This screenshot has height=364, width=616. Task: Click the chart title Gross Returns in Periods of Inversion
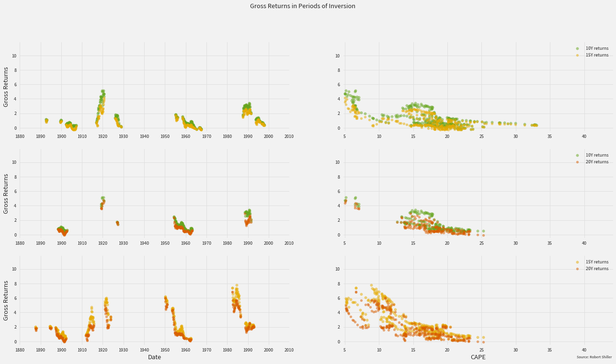(302, 6)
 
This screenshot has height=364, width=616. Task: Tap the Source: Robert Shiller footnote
(594, 357)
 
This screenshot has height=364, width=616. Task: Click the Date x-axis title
(154, 357)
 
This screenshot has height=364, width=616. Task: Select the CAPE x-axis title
(478, 357)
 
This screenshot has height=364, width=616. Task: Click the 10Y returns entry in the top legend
(597, 48)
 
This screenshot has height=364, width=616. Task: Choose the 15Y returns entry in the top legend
(597, 55)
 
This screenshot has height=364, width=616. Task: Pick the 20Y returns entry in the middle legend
(597, 162)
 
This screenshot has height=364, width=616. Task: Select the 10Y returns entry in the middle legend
(597, 155)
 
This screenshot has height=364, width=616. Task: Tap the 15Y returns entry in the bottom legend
(597, 262)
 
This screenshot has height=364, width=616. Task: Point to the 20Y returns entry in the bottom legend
(597, 269)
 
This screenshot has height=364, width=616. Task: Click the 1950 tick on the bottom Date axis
(165, 350)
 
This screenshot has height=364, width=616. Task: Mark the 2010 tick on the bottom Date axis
(289, 350)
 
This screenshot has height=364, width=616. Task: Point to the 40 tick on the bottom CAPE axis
(584, 350)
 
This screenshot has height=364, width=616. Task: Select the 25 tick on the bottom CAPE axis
(481, 350)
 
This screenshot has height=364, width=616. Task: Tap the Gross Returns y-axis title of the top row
(6, 87)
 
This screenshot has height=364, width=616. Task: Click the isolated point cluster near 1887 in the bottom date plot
(36, 328)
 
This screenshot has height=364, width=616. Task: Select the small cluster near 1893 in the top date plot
(46, 120)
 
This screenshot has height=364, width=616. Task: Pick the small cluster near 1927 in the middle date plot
(117, 223)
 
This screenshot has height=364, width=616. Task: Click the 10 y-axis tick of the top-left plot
(15, 56)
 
